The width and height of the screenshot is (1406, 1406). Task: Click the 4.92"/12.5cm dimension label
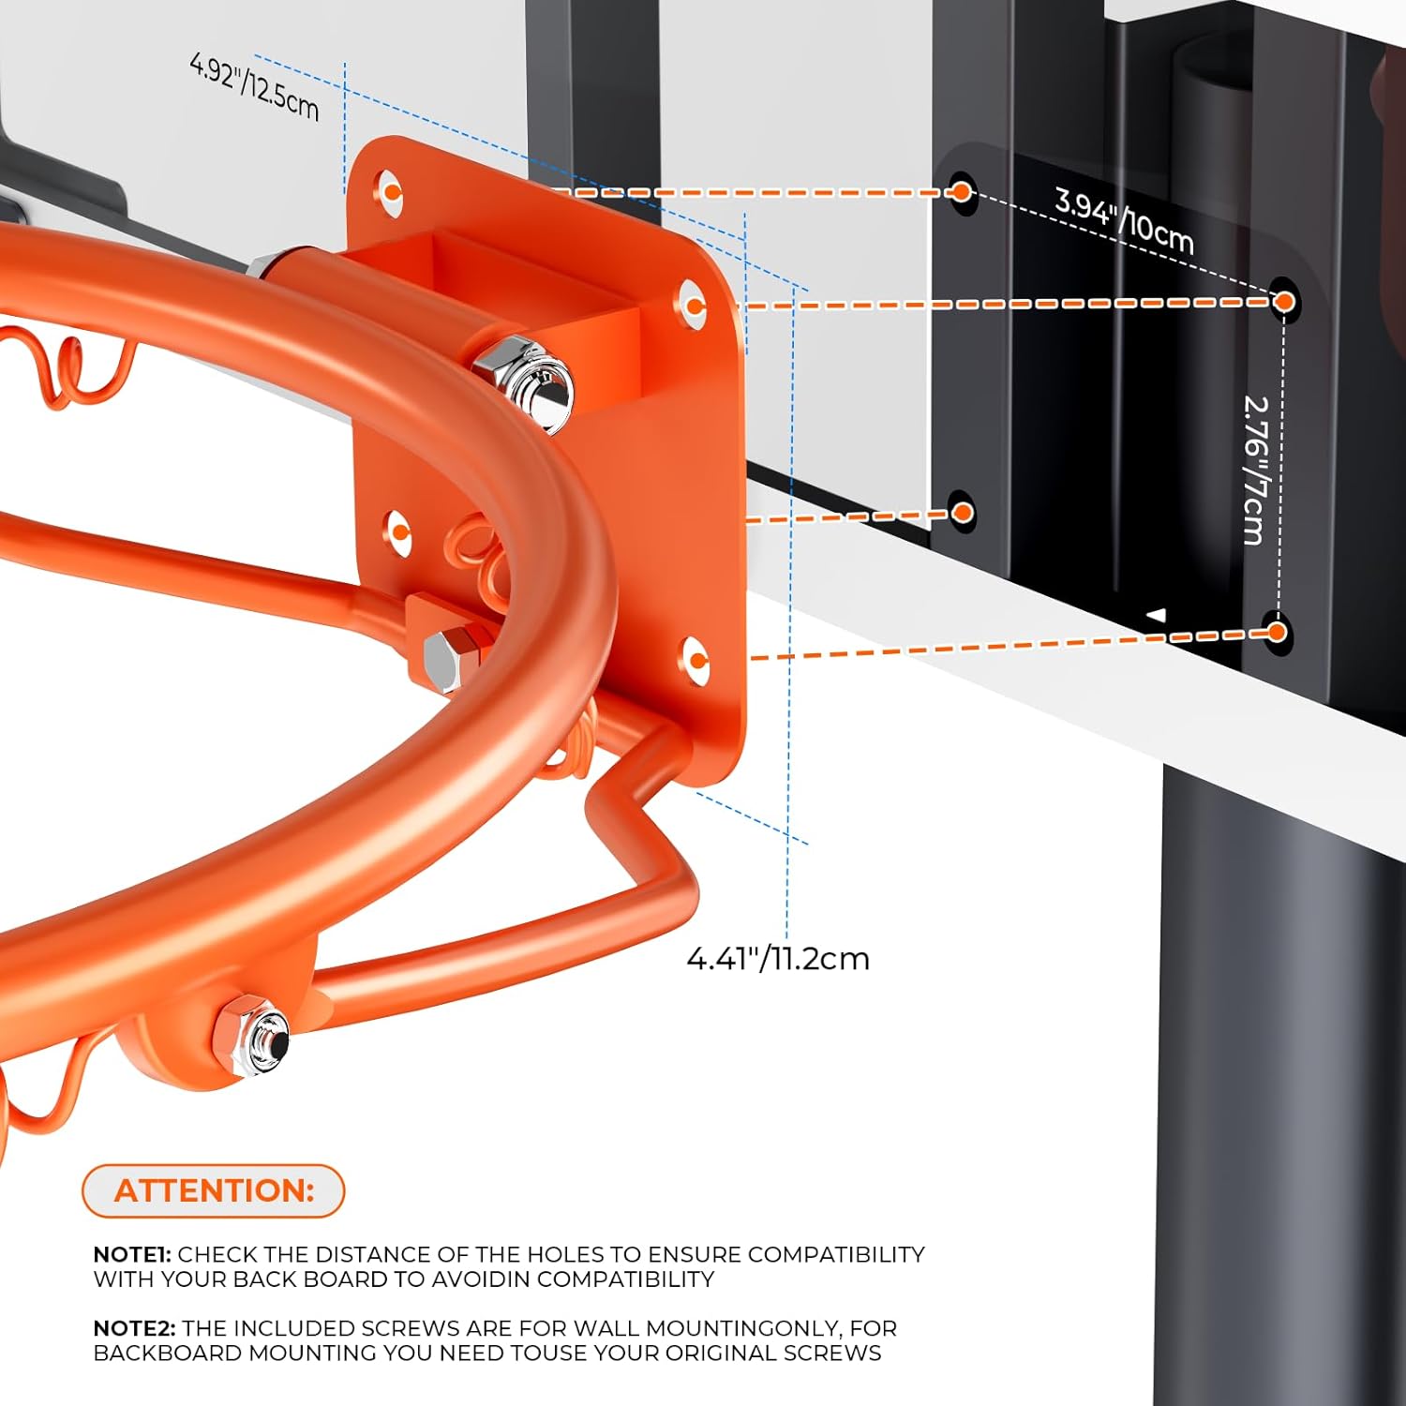254,86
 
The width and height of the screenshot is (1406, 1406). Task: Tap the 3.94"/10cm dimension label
1124,220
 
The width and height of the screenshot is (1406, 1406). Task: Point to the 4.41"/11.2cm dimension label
778,959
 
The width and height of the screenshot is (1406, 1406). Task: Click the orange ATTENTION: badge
214,1190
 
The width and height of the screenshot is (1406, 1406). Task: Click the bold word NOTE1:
132,1254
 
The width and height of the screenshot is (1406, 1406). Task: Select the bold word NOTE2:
135,1328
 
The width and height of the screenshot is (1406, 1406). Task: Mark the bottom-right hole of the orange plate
696,659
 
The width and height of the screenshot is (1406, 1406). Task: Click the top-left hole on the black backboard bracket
961,192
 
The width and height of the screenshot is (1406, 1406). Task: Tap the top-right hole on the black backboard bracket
1284,301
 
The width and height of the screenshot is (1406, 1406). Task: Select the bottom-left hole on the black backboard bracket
962,512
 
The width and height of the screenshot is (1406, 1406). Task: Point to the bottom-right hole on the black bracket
1276,632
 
